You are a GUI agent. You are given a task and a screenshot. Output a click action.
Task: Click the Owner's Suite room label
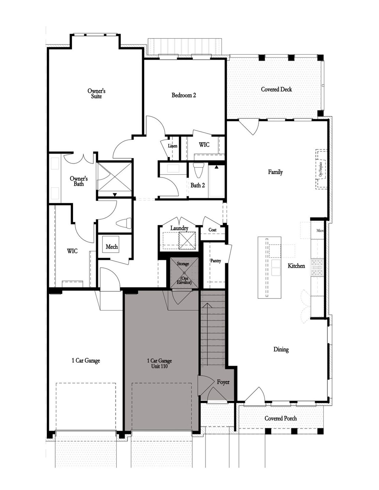click(x=97, y=94)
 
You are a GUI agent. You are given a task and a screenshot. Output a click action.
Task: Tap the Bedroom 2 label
click(x=184, y=95)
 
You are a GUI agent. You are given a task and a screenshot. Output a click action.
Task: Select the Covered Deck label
click(x=276, y=89)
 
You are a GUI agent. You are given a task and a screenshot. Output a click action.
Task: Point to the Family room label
click(x=275, y=172)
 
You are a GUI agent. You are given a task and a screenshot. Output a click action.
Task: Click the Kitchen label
click(x=296, y=266)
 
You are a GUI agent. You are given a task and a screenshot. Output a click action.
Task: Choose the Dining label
click(x=281, y=349)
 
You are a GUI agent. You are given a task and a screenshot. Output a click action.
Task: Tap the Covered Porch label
click(x=280, y=418)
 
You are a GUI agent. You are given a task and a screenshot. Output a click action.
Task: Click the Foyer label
click(x=223, y=382)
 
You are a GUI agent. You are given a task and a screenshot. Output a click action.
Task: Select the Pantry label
click(x=216, y=261)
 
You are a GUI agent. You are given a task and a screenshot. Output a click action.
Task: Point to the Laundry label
click(x=179, y=228)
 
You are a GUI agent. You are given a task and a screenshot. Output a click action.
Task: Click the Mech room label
click(x=112, y=246)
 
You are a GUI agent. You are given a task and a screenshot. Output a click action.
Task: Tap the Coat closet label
click(x=212, y=230)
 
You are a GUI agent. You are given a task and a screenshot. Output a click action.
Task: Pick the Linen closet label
click(x=173, y=146)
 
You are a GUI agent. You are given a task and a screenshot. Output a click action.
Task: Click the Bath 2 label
click(x=197, y=186)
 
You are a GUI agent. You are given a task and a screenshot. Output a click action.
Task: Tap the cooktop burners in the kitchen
click(x=317, y=267)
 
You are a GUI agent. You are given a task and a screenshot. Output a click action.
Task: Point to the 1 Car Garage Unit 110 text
click(x=159, y=363)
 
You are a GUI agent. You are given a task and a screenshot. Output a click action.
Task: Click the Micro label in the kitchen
click(x=320, y=231)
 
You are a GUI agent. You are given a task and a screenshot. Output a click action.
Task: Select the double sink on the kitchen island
click(x=276, y=267)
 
